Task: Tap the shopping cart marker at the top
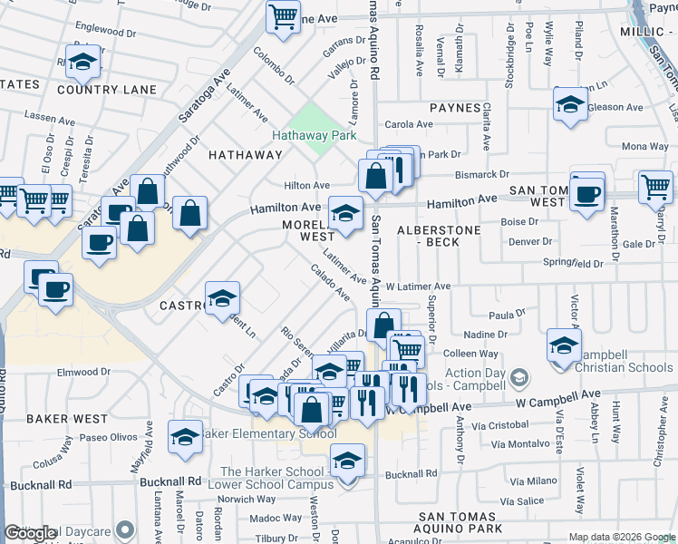click(283, 16)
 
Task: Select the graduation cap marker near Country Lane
click(82, 63)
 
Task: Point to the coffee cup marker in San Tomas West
click(587, 193)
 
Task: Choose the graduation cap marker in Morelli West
click(344, 214)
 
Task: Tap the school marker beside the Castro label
click(221, 300)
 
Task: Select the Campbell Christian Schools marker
click(563, 347)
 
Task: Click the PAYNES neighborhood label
click(455, 108)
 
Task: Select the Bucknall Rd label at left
click(169, 481)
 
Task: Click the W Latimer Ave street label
click(418, 287)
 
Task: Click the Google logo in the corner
click(31, 534)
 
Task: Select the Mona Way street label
click(644, 146)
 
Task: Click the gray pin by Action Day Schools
click(519, 376)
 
